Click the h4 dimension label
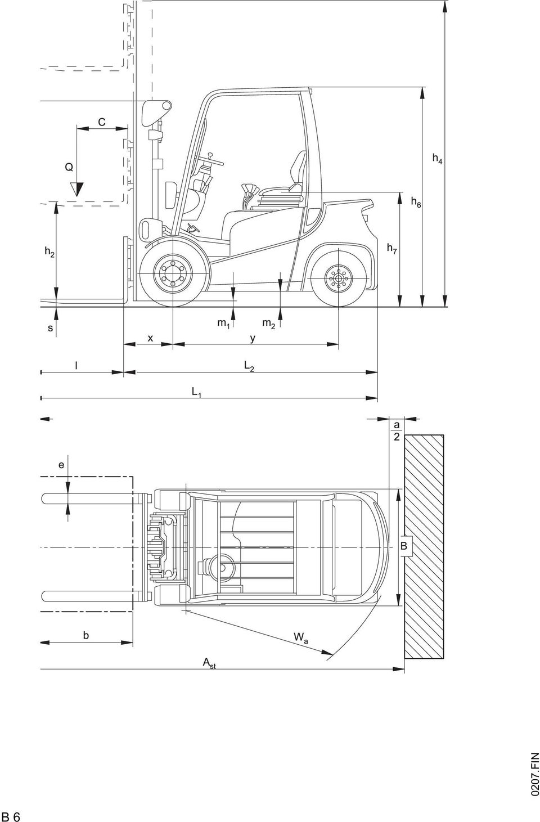(x=437, y=159)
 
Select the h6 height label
(x=416, y=201)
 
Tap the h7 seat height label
(x=392, y=249)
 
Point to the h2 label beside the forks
(x=49, y=251)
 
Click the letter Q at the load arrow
(x=69, y=167)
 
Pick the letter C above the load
(x=102, y=122)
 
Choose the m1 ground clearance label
(x=223, y=324)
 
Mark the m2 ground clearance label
(x=268, y=324)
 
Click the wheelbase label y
(x=253, y=338)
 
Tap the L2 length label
(x=249, y=366)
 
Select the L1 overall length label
(x=197, y=392)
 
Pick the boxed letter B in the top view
(x=403, y=546)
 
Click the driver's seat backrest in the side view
(x=298, y=170)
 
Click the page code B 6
(x=11, y=814)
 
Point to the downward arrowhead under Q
(x=77, y=190)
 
